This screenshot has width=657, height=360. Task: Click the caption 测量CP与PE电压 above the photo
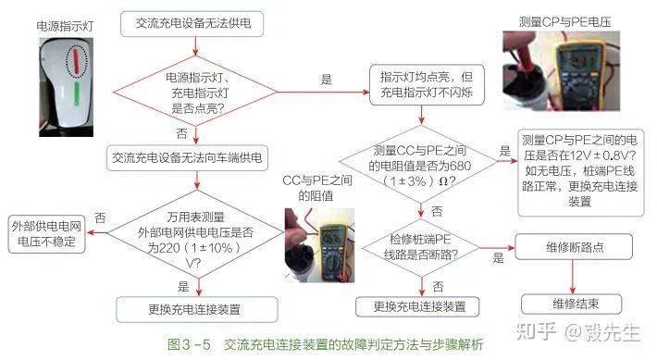[x=564, y=20]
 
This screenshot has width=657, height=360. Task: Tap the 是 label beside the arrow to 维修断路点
[x=498, y=257]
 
